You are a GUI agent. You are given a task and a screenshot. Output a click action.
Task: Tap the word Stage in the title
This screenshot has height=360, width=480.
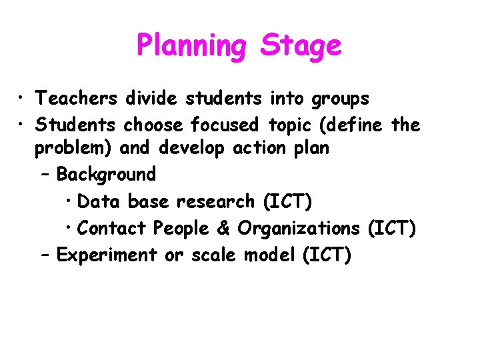tap(301, 47)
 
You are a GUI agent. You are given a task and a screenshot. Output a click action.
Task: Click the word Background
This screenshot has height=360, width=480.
tap(106, 175)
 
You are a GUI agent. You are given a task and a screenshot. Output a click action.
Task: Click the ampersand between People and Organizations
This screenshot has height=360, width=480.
tap(223, 228)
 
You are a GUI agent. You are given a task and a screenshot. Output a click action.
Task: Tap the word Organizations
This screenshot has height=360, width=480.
tap(299, 229)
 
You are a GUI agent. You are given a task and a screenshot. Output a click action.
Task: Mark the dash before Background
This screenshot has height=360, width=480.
tap(45, 175)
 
